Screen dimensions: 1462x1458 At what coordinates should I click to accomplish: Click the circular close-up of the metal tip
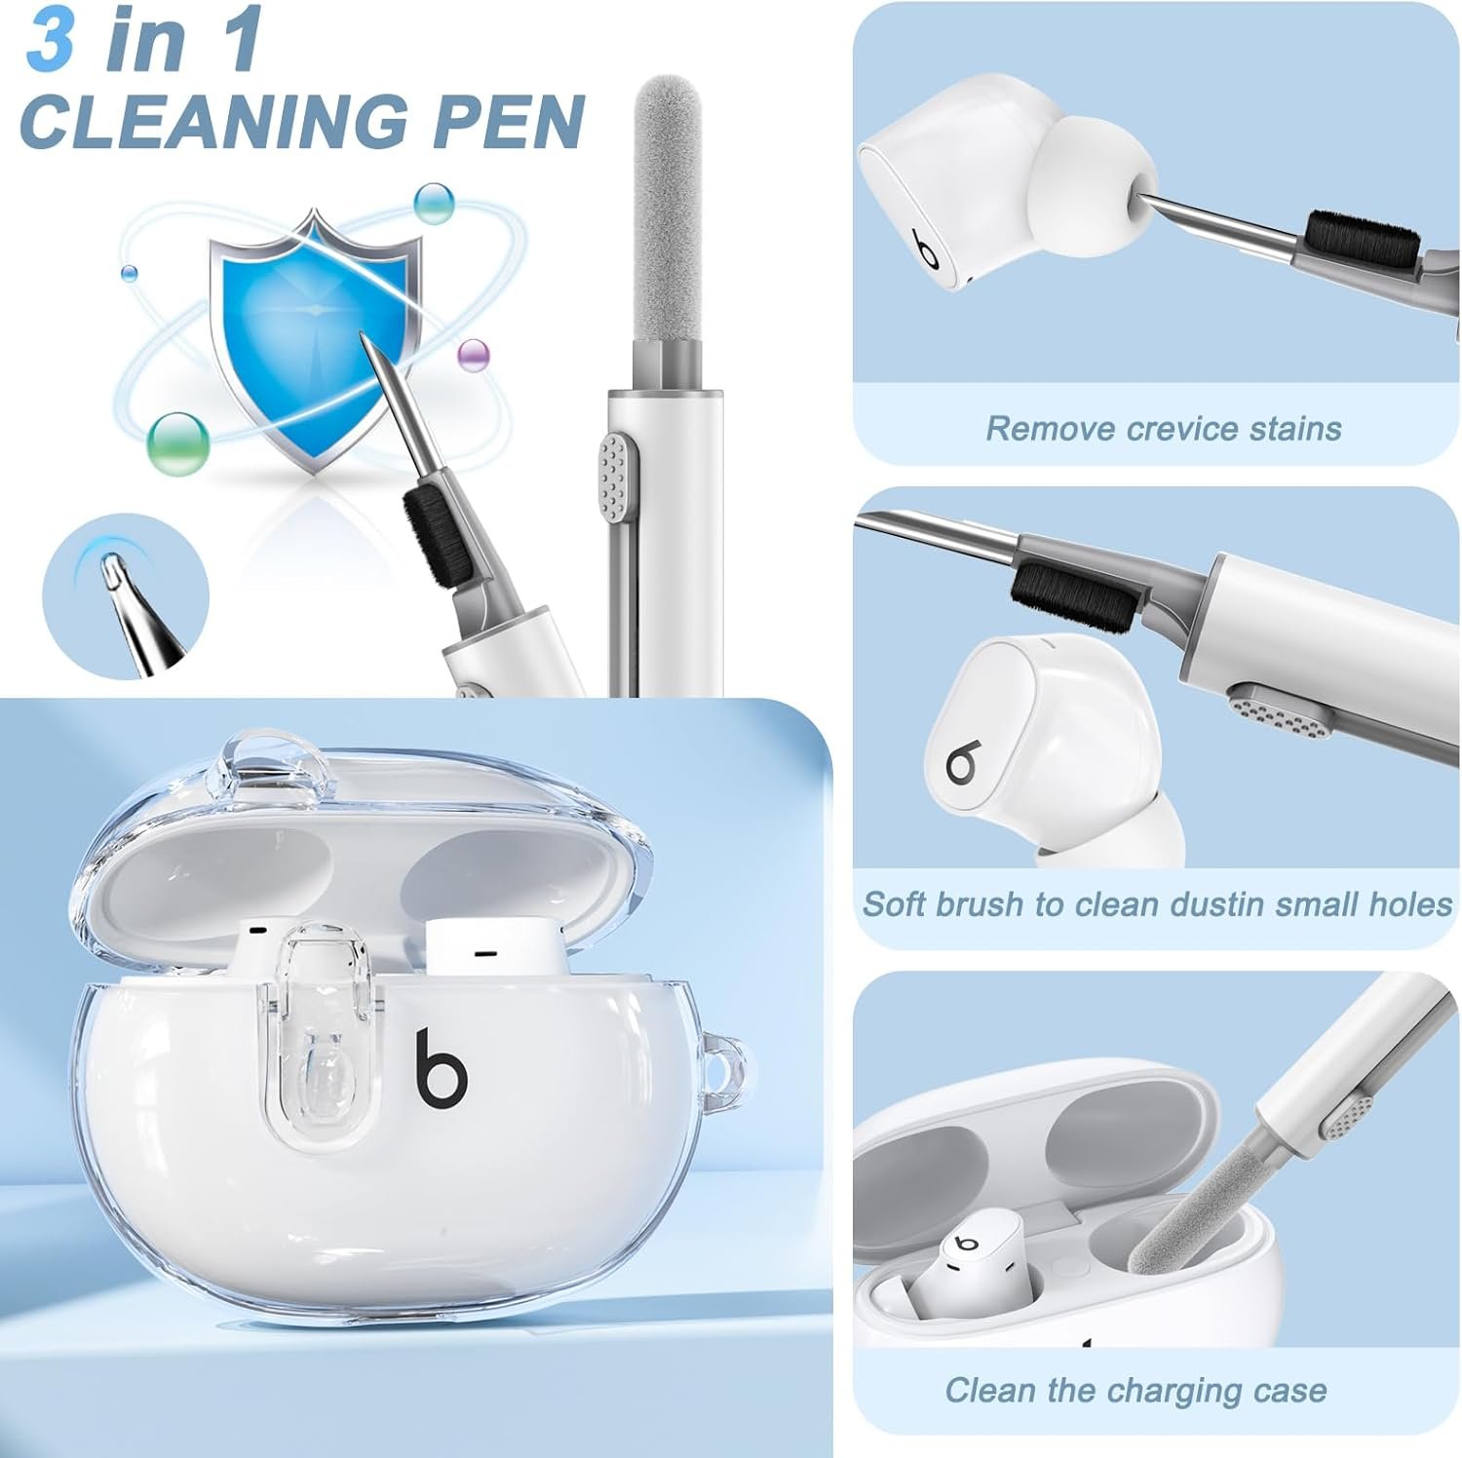(x=126, y=595)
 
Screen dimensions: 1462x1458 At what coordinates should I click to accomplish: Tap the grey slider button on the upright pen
(x=613, y=477)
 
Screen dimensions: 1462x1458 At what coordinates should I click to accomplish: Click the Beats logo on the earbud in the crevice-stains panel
(x=927, y=249)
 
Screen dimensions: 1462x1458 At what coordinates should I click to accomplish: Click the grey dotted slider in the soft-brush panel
(x=1280, y=709)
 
